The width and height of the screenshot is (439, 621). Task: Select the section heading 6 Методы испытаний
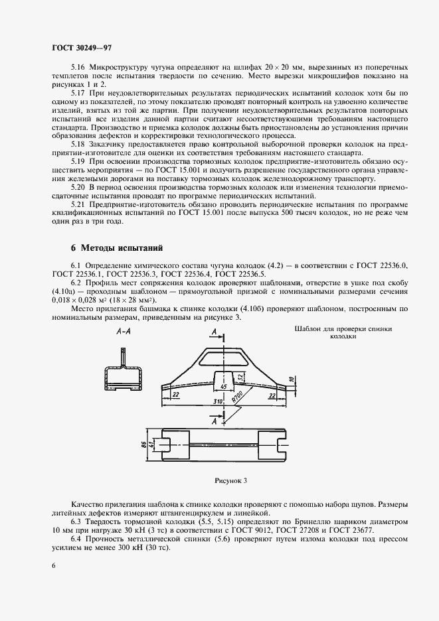pos(117,248)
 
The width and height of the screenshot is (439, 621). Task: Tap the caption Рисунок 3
pos(230,480)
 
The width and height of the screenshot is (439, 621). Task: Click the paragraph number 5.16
pos(78,68)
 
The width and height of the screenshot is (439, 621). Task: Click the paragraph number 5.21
pos(78,206)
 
